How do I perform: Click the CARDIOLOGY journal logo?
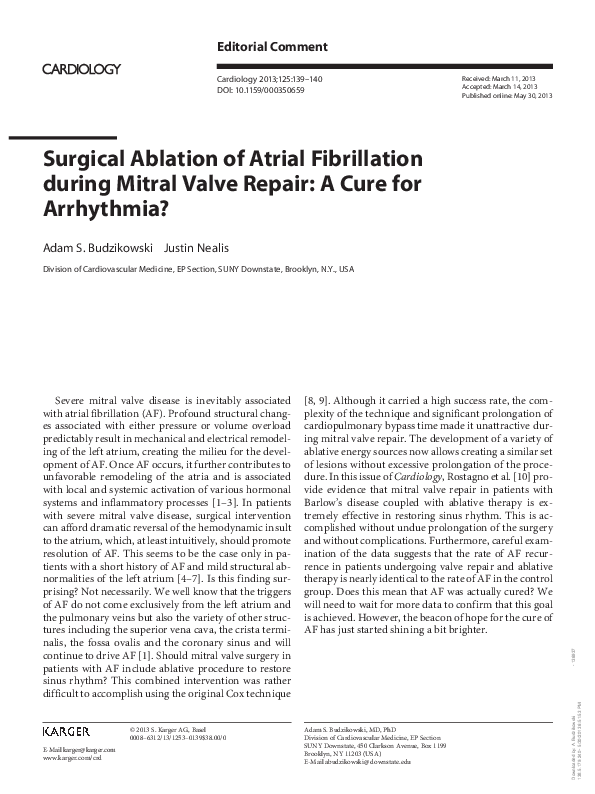point(81,69)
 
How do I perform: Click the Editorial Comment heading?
point(272,47)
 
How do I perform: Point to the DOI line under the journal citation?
point(261,90)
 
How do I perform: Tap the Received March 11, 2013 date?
point(498,78)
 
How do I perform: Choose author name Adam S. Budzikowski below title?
point(98,246)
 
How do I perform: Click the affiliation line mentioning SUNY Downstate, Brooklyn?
point(197,270)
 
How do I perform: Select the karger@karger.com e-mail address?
point(79,749)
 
